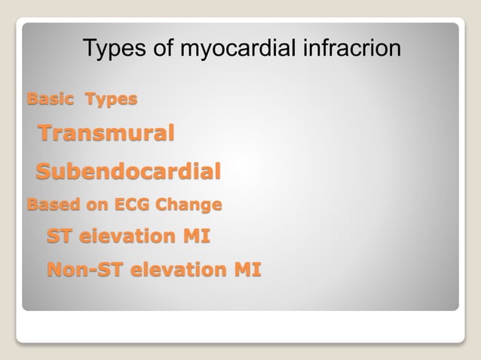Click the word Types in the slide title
tap(112, 50)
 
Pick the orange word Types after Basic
tap(111, 99)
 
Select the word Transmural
tap(106, 134)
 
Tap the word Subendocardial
tap(129, 172)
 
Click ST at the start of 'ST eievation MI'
tap(60, 236)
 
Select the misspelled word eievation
tap(126, 236)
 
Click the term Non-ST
tap(84, 269)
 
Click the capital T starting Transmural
tap(47, 134)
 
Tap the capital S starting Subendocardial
tap(45, 172)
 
